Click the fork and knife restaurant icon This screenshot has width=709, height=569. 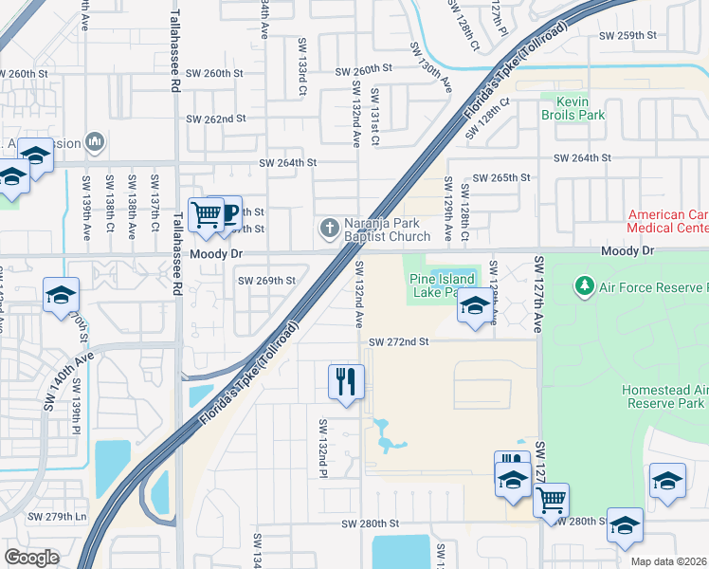tap(346, 382)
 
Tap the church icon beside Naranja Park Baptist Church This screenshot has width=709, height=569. tap(329, 228)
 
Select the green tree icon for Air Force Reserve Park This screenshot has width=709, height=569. tap(585, 285)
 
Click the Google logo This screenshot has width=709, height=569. tap(31, 557)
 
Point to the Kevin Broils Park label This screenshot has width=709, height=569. tap(573, 107)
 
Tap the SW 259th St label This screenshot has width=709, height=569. tap(627, 35)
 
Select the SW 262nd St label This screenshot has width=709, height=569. tap(216, 119)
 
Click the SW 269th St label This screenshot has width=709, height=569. tap(266, 281)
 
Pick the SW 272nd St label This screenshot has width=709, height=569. tap(399, 341)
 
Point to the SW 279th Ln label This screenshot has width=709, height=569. tap(57, 517)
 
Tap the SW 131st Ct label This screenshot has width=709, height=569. tap(375, 116)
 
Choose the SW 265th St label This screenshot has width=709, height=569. tap(500, 177)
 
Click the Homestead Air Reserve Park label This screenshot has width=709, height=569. tap(664, 396)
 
